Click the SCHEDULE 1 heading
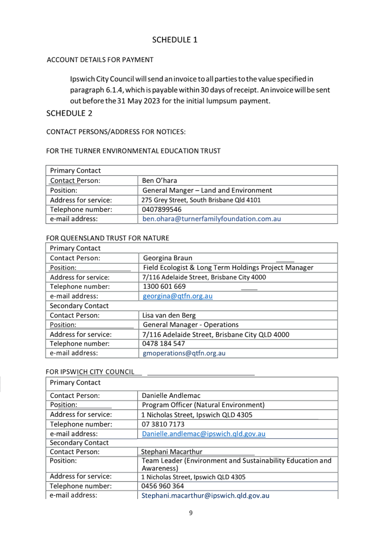[x=175, y=40]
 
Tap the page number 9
[x=191, y=513]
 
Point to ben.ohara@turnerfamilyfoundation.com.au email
[x=211, y=219]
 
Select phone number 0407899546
[x=162, y=209]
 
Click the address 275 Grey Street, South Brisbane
[x=202, y=200]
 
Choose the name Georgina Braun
[x=171, y=258]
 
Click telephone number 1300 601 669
[x=164, y=287]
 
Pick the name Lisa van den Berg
[x=169, y=316]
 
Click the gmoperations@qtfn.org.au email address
[x=184, y=354]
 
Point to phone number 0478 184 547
[x=164, y=344]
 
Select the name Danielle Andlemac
[x=171, y=395]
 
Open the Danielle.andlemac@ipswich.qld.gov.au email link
[x=204, y=434]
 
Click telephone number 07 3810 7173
[x=163, y=424]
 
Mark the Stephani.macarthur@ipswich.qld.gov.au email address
[x=205, y=495]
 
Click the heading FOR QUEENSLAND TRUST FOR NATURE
[x=108, y=238]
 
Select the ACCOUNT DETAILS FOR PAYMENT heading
[x=100, y=60]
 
